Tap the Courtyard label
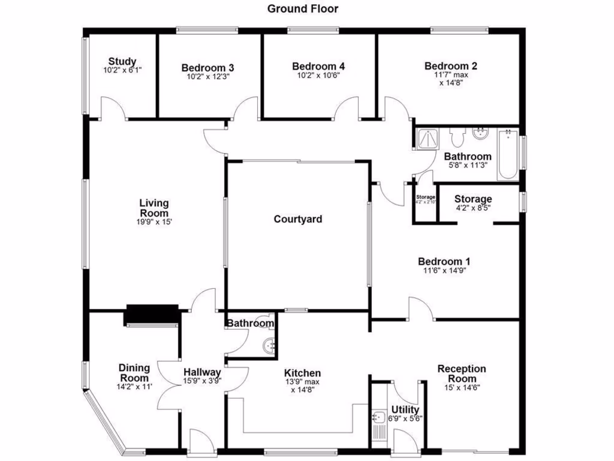tap(298, 219)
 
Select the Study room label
tap(122, 61)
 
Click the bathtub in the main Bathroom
tap(508, 155)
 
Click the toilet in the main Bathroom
tap(458, 138)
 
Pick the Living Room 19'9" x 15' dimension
tap(154, 221)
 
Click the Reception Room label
tap(461, 373)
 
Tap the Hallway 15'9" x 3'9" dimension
tap(203, 380)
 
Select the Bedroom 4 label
tap(318, 66)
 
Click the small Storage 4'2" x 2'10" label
tap(426, 199)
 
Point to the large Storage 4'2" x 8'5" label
tap(473, 203)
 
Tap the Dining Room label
tap(134, 373)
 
